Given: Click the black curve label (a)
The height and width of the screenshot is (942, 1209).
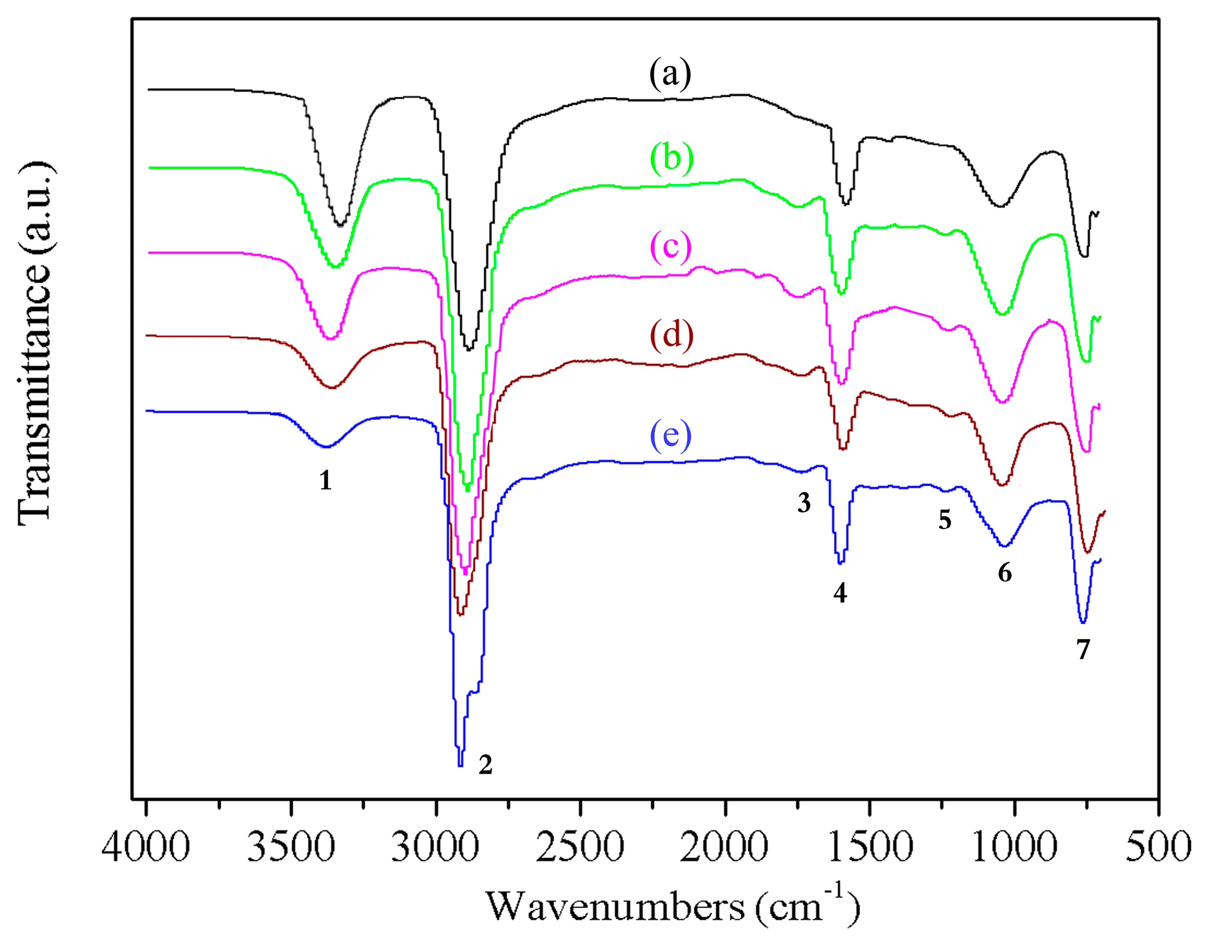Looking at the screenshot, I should tap(671, 75).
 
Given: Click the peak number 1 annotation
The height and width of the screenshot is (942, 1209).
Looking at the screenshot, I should tap(325, 481).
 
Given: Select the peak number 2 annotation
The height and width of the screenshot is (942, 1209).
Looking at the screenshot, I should tap(485, 765).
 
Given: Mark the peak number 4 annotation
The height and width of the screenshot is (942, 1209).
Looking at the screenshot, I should tap(840, 594).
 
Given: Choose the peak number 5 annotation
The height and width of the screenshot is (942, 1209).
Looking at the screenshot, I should tap(944, 520).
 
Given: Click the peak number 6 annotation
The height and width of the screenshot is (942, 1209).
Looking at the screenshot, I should tap(1005, 572).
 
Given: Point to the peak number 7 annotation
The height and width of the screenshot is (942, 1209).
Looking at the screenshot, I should tap(1083, 650).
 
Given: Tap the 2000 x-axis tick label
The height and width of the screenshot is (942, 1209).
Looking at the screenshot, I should tap(724, 847).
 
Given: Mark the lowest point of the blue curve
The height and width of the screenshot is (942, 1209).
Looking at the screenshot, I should tap(460, 765).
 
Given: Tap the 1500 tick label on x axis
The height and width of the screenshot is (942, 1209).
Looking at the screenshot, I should tap(869, 847).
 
